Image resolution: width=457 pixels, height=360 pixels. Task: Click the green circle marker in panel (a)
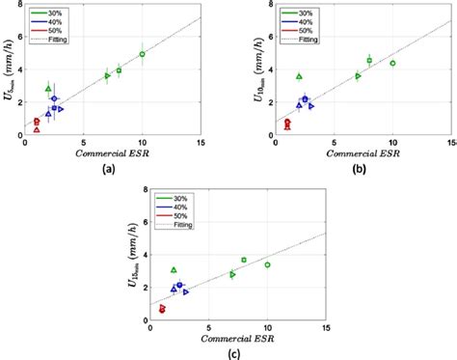(142, 54)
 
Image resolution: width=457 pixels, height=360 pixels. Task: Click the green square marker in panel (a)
(119, 70)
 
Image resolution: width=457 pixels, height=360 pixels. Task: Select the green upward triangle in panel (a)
(48, 89)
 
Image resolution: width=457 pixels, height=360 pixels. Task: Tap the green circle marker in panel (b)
(392, 63)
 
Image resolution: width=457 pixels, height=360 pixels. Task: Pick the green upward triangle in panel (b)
(299, 76)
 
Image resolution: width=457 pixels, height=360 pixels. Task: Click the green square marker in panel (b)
(369, 60)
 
